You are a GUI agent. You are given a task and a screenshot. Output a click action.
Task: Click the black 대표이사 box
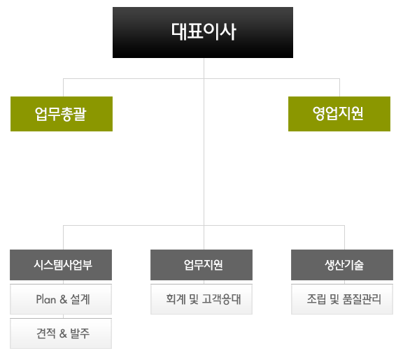[203, 33]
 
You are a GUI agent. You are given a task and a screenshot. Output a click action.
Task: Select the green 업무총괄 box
[62, 114]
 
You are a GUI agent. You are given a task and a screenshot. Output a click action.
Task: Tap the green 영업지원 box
[339, 114]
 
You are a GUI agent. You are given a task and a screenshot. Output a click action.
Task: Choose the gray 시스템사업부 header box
[61, 265]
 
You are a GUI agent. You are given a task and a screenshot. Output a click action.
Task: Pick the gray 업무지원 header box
[201, 265]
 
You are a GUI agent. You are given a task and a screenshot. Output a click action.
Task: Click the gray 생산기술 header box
[342, 265]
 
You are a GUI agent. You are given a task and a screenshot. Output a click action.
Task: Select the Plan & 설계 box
[61, 299]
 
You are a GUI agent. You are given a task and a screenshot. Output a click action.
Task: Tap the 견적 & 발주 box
[61, 333]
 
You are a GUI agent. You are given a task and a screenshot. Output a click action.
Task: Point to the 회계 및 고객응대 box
[201, 299]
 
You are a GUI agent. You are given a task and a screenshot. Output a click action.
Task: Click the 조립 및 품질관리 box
[342, 299]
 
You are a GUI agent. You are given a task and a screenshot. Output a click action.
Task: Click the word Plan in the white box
[46, 299]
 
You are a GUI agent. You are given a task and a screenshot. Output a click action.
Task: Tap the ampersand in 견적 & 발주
[63, 333]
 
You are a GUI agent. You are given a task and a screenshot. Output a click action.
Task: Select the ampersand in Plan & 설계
[64, 299]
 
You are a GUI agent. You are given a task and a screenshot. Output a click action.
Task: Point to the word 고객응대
[222, 299]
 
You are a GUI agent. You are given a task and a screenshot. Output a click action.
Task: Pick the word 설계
[80, 299]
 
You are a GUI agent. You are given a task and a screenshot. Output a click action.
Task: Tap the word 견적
[46, 333]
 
